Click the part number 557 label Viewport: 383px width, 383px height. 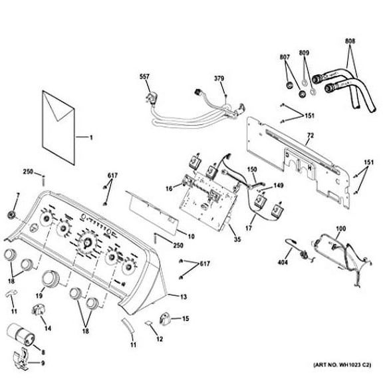(144, 76)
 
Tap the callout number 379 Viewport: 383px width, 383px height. (219, 78)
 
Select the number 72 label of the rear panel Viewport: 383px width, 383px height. (311, 136)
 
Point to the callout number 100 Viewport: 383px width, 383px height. (340, 229)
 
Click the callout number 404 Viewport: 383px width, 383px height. (283, 263)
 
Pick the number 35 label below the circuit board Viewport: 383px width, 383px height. (237, 239)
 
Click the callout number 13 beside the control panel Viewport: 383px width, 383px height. (184, 297)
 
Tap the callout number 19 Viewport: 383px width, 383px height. (39, 296)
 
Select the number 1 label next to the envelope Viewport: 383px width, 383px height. (91, 138)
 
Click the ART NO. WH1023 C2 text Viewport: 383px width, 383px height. (342, 365)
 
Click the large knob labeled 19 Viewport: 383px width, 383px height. (51, 278)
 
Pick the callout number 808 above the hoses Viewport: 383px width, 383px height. (350, 41)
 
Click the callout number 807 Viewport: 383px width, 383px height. (285, 57)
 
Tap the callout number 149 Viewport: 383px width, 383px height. (278, 186)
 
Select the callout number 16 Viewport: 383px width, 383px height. (169, 189)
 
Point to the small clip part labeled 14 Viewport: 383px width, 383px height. (38, 309)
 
